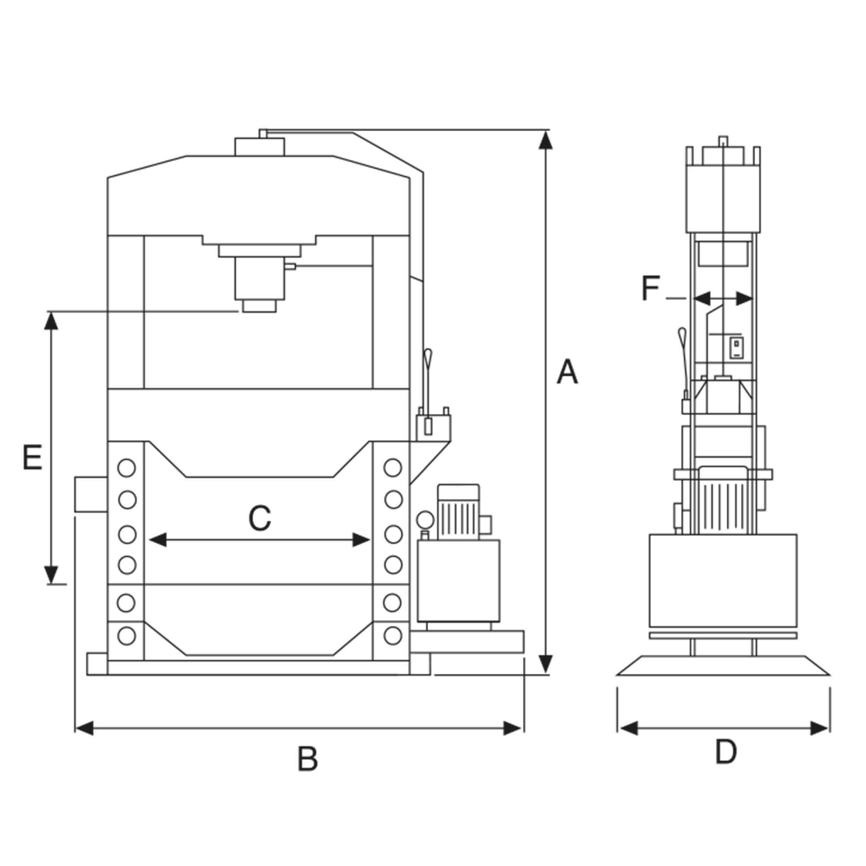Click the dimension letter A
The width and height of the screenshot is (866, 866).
coord(567,372)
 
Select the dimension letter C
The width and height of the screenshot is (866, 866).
coord(260,518)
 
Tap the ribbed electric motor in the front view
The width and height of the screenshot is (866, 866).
coord(459,512)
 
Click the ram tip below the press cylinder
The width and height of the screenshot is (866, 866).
coord(259,306)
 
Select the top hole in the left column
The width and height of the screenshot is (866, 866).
coord(127,468)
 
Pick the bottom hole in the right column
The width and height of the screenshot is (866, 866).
coord(393,635)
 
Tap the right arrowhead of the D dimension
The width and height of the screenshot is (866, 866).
coord(819,728)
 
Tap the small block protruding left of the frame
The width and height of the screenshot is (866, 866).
coord(91,495)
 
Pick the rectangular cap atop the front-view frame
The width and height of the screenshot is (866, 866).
coord(259,147)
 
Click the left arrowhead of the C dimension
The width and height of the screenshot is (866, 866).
coord(157,540)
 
